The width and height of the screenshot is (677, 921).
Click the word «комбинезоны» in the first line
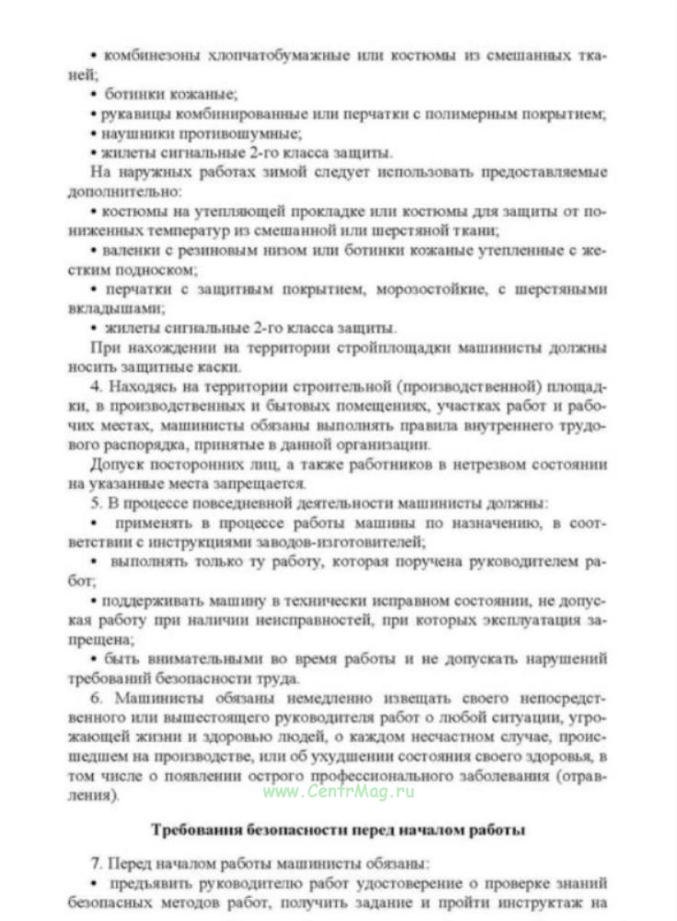(144, 55)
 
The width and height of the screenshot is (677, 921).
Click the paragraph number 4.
(94, 386)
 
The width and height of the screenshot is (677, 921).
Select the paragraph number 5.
(94, 503)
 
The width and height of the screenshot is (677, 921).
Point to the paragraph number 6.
(94, 698)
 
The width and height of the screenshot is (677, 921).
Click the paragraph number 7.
(94, 863)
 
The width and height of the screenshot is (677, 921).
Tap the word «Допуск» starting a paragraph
(115, 464)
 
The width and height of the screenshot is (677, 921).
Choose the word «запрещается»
(266, 484)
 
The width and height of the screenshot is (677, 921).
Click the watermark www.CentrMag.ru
(338, 791)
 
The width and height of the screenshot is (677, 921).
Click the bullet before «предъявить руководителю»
(94, 883)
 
